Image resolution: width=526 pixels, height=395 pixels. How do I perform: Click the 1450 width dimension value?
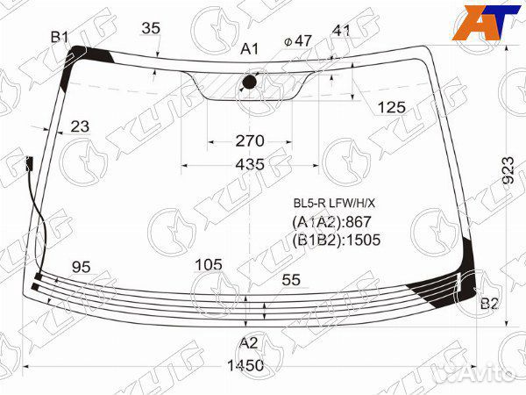click(245, 365)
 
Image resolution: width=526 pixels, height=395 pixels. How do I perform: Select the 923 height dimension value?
click(508, 170)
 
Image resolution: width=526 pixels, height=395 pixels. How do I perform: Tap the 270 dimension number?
click(250, 141)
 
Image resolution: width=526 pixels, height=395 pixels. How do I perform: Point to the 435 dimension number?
click(250, 165)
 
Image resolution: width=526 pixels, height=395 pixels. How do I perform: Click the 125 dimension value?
click(392, 107)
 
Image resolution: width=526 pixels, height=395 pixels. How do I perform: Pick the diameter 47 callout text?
click(298, 40)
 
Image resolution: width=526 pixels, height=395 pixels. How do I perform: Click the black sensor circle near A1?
click(249, 82)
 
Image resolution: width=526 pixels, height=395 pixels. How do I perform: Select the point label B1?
click(60, 37)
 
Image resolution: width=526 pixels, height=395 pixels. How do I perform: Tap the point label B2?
click(489, 304)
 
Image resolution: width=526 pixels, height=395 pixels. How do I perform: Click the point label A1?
click(250, 49)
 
